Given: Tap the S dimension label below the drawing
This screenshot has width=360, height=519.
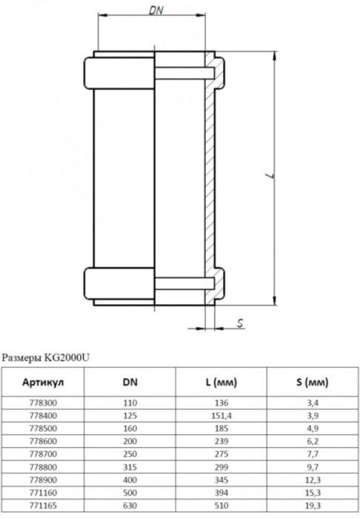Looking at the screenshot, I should click(241, 323).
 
